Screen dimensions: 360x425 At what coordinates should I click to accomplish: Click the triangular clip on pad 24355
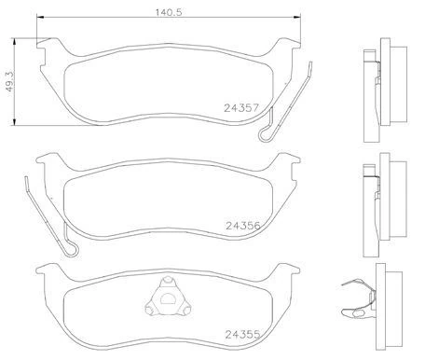(165, 298)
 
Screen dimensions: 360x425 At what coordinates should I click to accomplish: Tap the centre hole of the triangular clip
(165, 298)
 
